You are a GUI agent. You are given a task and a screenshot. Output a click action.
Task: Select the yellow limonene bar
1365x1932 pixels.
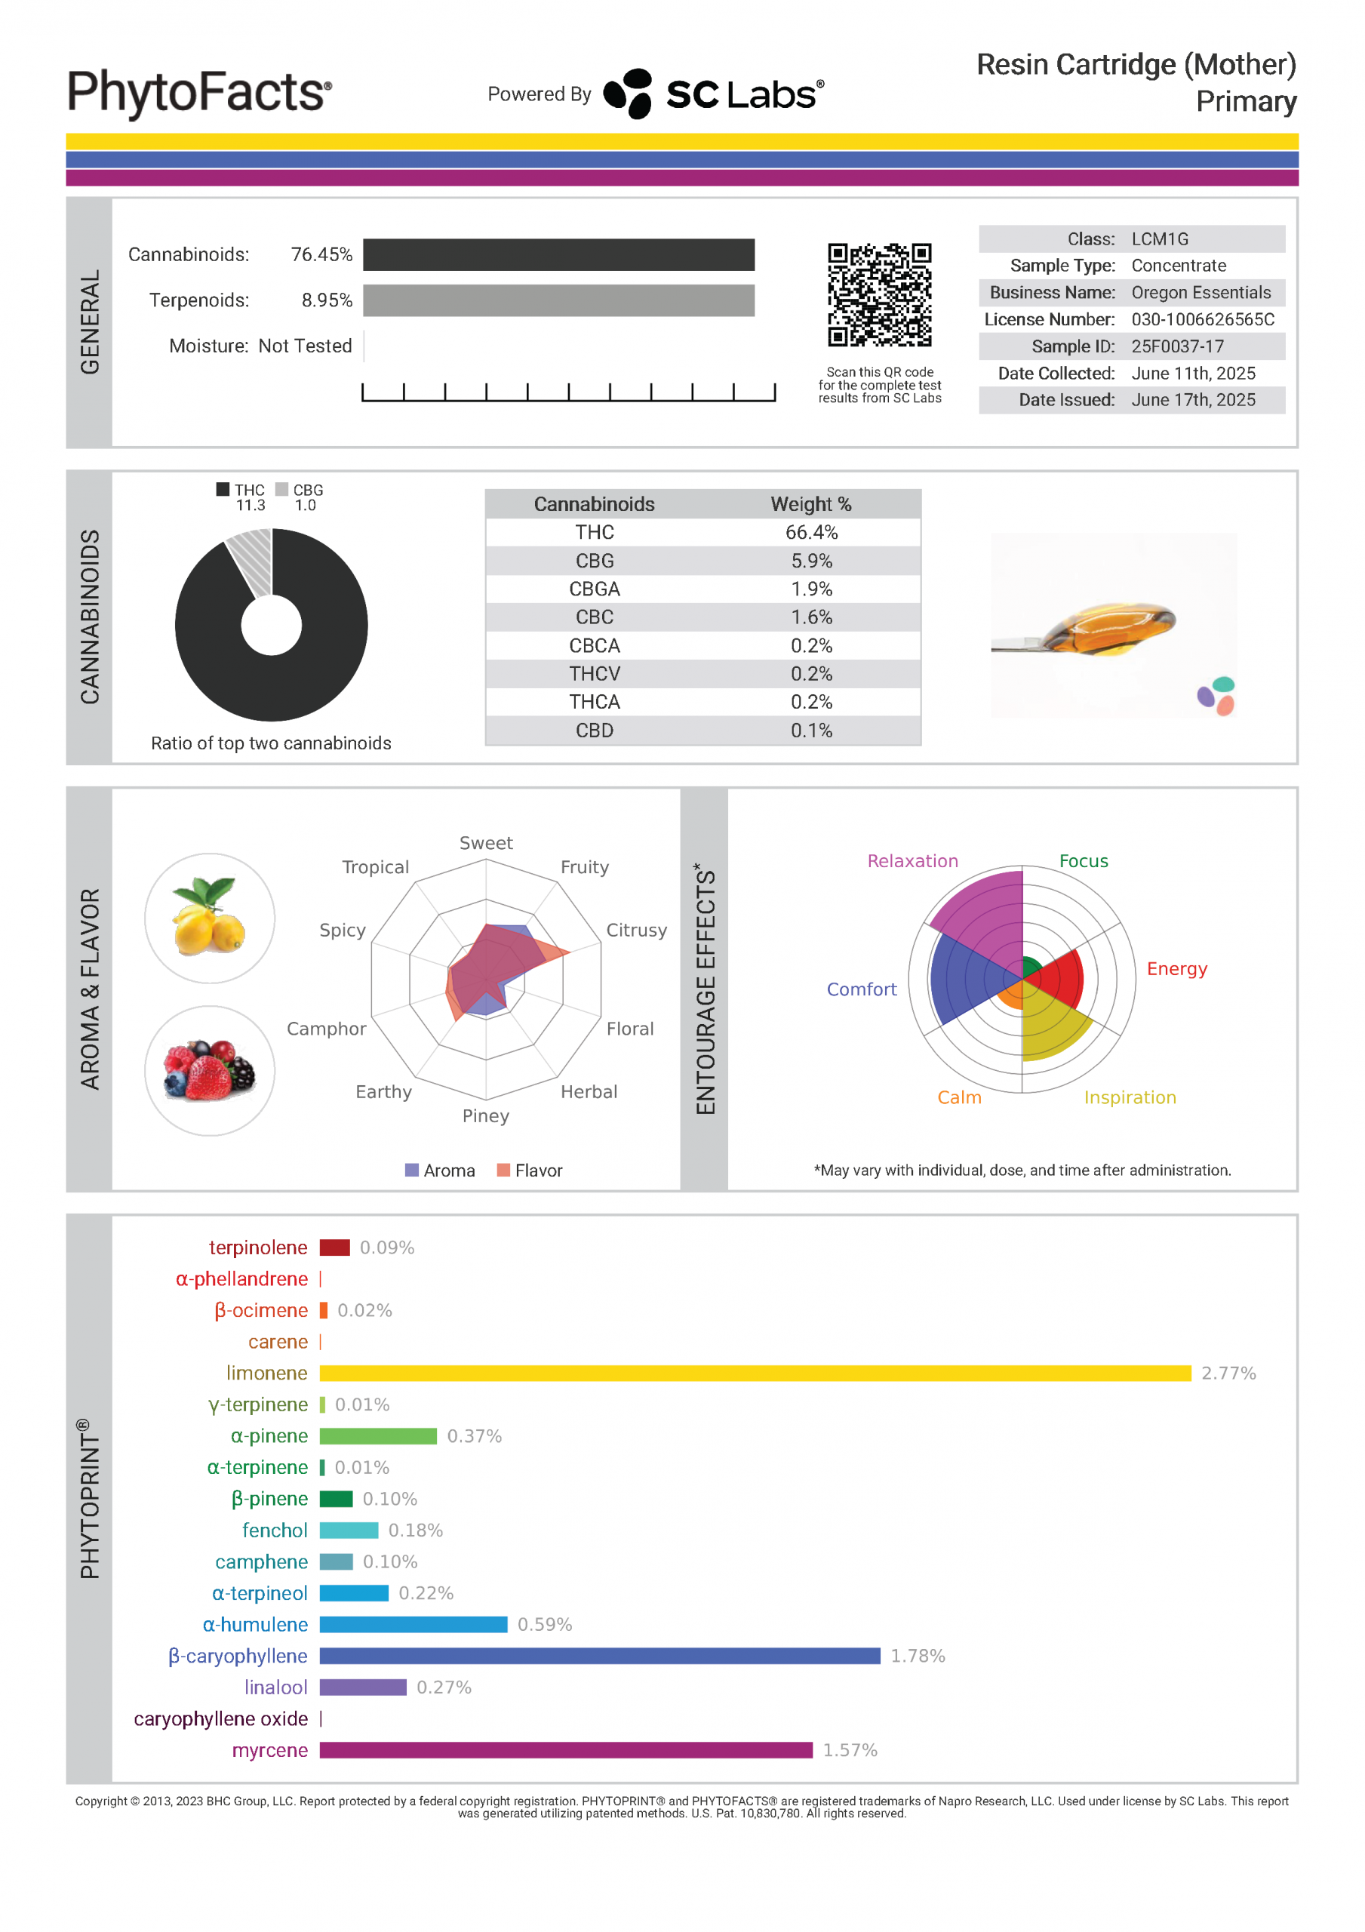point(755,1374)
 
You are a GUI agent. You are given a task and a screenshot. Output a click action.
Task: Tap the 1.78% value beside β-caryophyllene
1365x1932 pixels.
point(918,1656)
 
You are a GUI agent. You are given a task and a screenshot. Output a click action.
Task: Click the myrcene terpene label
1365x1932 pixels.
point(269,1750)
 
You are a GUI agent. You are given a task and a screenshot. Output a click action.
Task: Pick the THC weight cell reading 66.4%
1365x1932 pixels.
point(811,533)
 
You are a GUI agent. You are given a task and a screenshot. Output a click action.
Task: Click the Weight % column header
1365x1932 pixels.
point(811,504)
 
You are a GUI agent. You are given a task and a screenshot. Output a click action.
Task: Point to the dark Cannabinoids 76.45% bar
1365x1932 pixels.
point(559,255)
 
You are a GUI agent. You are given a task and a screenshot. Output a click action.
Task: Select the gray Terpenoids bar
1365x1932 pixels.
point(559,300)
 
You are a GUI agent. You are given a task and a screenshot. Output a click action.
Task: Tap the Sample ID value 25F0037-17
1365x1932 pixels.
point(1177,346)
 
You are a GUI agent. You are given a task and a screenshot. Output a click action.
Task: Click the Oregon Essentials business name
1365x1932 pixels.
point(1201,293)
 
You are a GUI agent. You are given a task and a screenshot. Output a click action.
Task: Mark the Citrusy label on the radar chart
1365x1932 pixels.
point(636,930)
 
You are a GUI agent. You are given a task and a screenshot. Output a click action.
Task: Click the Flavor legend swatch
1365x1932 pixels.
point(504,1171)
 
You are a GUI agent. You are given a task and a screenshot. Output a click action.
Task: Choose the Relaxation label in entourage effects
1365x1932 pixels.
point(912,861)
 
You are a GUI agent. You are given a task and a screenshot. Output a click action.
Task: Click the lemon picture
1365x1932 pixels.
point(210,918)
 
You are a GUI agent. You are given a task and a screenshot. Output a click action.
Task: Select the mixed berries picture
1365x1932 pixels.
point(210,1070)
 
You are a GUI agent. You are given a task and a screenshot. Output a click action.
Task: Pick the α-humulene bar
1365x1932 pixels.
point(413,1625)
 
